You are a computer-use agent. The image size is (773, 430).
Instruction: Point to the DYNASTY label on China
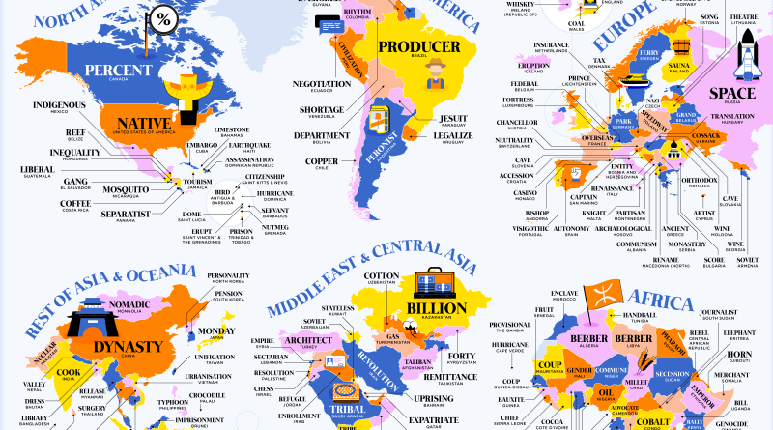tap(125, 346)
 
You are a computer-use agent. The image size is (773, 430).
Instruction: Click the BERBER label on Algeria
tap(560, 339)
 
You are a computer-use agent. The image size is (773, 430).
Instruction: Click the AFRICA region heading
tap(656, 294)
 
